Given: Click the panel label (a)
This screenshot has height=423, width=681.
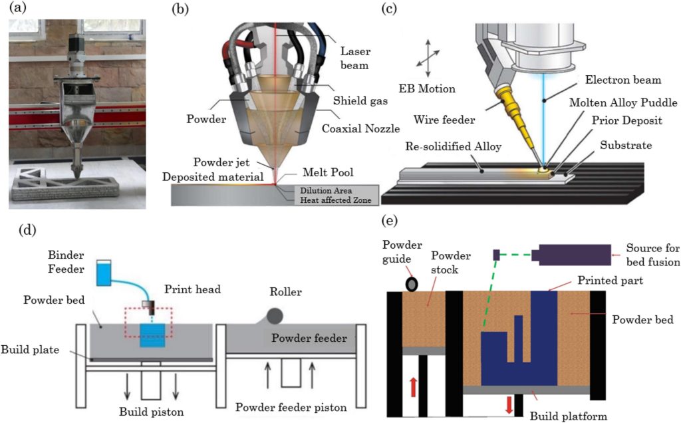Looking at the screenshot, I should pos(15,9).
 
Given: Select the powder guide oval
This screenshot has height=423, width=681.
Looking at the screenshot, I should pos(413,284).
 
